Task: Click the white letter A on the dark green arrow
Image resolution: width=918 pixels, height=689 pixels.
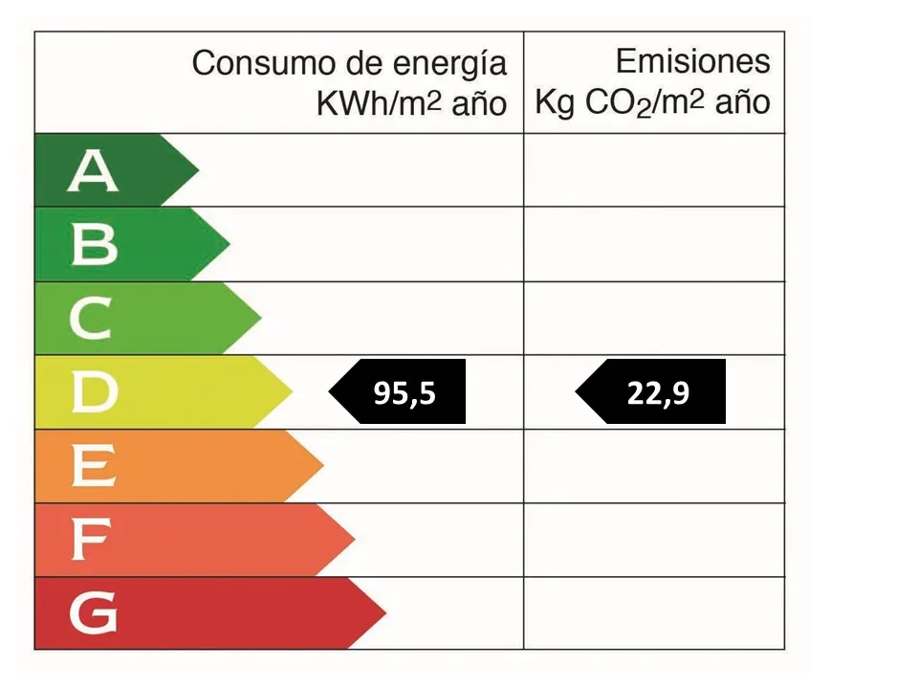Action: pyautogui.click(x=93, y=171)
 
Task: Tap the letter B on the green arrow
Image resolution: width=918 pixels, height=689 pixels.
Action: pyautogui.click(x=94, y=245)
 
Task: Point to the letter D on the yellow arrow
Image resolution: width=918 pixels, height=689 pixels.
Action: pyautogui.click(x=94, y=392)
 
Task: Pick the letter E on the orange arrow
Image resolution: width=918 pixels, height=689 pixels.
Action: pyautogui.click(x=94, y=467)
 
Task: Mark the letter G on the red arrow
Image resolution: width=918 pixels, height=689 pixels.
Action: pyautogui.click(x=94, y=614)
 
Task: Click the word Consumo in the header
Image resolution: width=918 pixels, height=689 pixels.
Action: pyautogui.click(x=249, y=65)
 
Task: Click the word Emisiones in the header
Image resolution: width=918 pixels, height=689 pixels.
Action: pyautogui.click(x=692, y=62)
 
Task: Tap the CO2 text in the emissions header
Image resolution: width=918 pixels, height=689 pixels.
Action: pyautogui.click(x=618, y=103)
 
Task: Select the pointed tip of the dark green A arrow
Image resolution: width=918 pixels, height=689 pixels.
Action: pyautogui.click(x=197, y=170)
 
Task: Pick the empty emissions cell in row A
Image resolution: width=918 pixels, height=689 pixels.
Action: pyautogui.click(x=654, y=170)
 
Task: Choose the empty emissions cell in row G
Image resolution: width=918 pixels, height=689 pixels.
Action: pyautogui.click(x=654, y=613)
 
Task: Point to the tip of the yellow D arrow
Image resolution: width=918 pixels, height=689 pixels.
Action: pyautogui.click(x=291, y=392)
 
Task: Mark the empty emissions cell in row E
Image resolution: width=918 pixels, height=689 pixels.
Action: pyautogui.click(x=654, y=466)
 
